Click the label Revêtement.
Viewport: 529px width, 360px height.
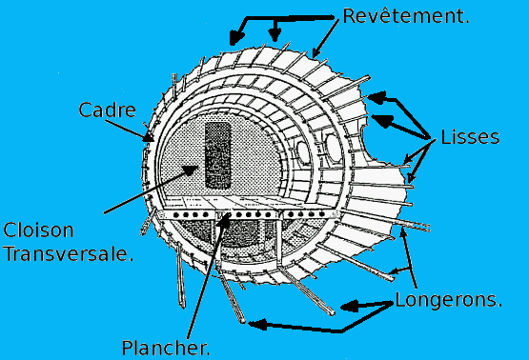click(x=404, y=17)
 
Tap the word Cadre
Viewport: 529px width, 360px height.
click(x=104, y=110)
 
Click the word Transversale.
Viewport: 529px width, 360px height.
click(x=67, y=254)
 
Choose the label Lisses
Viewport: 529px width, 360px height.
click(x=471, y=137)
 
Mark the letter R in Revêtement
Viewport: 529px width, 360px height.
click(x=348, y=17)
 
